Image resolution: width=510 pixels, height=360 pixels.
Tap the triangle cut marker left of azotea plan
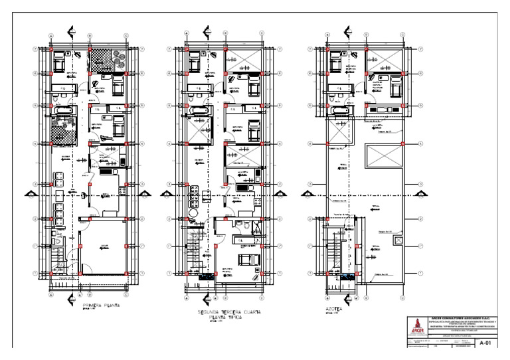pyautogui.click(x=307, y=193)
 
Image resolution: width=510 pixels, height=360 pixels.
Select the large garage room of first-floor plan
pyautogui.click(x=102, y=248)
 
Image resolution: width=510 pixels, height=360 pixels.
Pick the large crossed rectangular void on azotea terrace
pyautogui.click(x=382, y=157)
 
